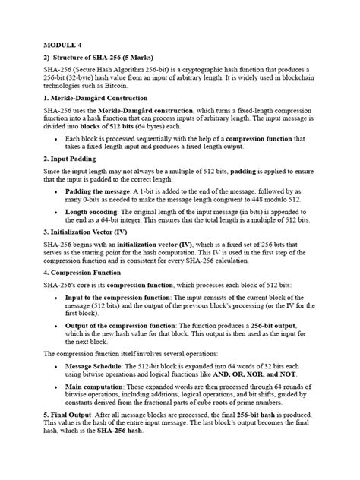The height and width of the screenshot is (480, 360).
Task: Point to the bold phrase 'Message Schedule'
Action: (97, 365)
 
